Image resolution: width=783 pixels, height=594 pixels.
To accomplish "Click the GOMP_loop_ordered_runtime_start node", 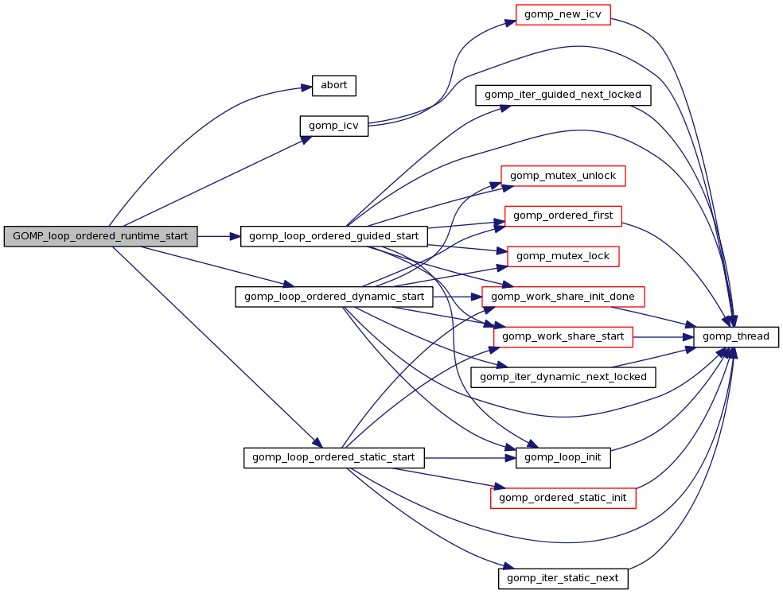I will coord(100,236).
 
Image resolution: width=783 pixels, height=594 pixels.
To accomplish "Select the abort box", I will coord(333,85).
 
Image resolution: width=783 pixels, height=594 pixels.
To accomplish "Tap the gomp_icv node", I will coord(333,126).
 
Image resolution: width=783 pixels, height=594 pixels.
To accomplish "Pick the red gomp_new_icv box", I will coord(563,15).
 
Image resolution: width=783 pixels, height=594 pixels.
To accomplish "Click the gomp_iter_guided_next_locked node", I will coord(563,95).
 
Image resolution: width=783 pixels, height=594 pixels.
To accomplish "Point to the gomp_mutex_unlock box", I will coord(563,176).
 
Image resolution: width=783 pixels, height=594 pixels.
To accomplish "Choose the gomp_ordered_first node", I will coord(563,215).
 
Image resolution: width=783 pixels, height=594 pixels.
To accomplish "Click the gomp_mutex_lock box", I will coord(563,256).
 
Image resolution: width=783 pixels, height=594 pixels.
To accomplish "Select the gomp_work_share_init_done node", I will coord(563,297).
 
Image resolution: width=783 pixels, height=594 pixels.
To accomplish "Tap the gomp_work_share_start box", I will coord(563,336).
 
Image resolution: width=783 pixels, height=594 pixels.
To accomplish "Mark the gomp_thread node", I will coord(736,336).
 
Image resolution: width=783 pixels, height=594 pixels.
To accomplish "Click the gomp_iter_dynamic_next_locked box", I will coord(563,377).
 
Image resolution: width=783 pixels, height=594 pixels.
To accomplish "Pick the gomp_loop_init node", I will coord(563,458).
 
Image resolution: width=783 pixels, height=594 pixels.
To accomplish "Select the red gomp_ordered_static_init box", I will coord(563,498).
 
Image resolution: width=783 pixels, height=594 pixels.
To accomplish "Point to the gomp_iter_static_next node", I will coord(563,578).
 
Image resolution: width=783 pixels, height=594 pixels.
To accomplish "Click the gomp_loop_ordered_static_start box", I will coord(333,458).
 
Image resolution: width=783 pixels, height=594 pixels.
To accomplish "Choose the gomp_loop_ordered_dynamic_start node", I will coord(333,297).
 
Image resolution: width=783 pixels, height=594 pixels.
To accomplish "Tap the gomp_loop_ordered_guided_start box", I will coord(333,236).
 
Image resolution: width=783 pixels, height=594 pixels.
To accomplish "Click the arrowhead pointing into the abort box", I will coord(307,87).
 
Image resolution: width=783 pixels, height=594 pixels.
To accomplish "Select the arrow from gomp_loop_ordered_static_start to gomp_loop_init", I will coord(469,458).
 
